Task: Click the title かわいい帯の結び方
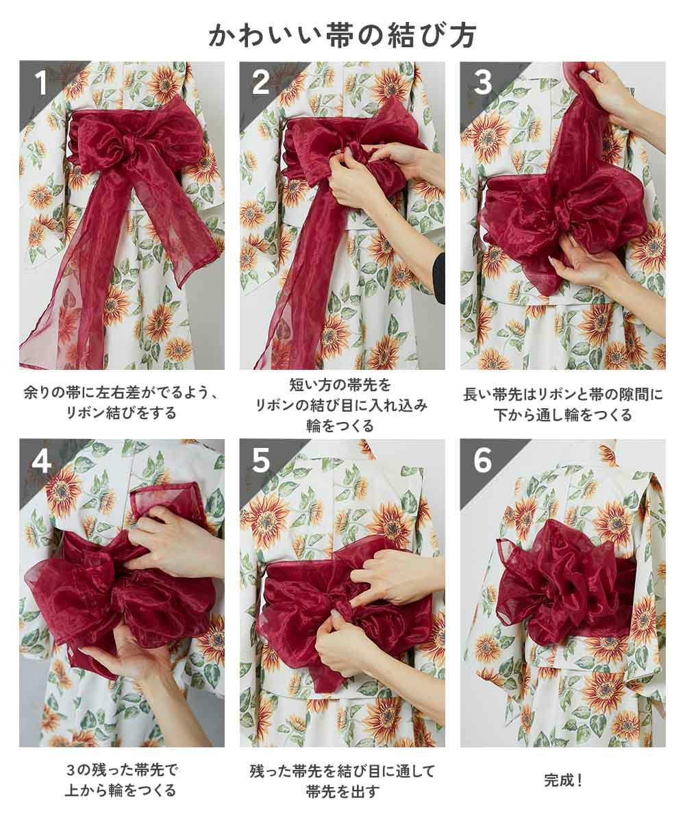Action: pyautogui.click(x=342, y=36)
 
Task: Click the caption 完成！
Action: pyautogui.click(x=563, y=780)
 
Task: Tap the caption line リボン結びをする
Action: pyautogui.click(x=122, y=413)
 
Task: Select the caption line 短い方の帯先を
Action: pyautogui.click(x=340, y=384)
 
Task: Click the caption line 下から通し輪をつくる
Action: pyautogui.click(x=563, y=414)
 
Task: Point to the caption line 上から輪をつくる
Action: pyautogui.click(x=121, y=790)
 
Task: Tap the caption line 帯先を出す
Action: pyautogui.click(x=342, y=790)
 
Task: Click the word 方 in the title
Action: pyautogui.click(x=463, y=36)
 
